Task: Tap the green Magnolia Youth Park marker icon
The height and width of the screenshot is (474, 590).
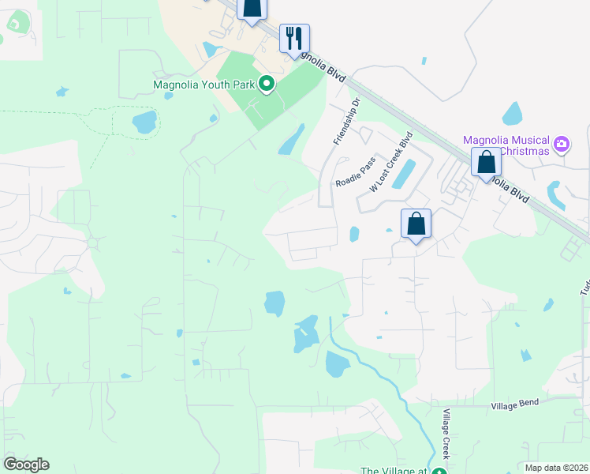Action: pos(267,83)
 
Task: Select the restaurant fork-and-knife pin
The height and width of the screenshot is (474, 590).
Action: pos(294,38)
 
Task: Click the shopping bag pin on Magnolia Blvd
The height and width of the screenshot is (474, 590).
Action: pos(486,162)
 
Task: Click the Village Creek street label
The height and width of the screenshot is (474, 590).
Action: pos(446,434)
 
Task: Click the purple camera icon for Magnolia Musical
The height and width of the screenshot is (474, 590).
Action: pos(561,144)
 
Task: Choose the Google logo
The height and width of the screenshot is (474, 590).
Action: pos(26,465)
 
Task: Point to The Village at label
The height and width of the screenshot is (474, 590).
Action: pos(393,472)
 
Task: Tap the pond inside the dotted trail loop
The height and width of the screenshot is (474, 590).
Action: pos(144,122)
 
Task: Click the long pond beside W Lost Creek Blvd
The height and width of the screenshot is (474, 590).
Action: pos(403,174)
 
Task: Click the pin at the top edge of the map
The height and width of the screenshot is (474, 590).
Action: pos(251,8)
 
